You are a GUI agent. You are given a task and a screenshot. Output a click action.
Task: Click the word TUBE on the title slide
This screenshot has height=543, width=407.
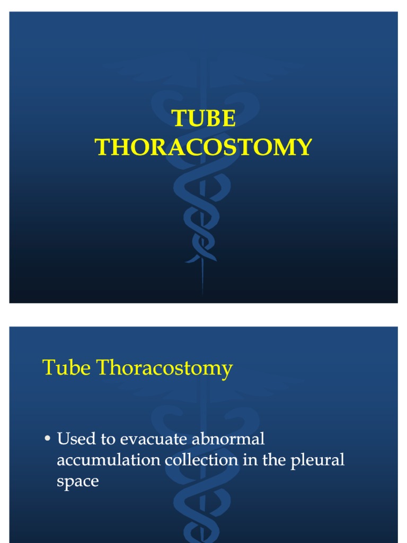pos(203,119)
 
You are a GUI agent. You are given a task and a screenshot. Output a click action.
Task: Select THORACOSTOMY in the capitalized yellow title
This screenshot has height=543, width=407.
pos(203,147)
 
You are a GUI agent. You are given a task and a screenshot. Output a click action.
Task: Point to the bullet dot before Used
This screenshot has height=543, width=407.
pos(47,439)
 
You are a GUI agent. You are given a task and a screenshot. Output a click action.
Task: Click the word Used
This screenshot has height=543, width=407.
pos(74,439)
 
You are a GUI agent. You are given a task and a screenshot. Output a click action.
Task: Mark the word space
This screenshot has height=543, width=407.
pos(77,482)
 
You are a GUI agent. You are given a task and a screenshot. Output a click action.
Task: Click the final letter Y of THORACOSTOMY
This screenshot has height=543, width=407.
pos(304,147)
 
